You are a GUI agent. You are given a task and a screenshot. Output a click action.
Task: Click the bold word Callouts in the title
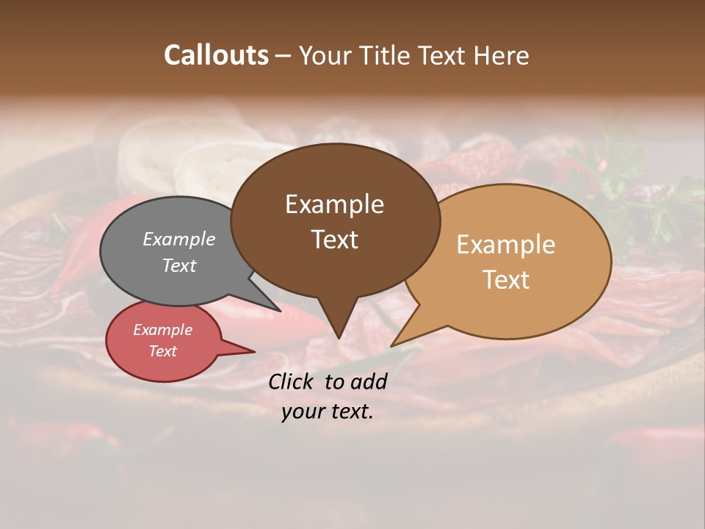pyautogui.click(x=216, y=55)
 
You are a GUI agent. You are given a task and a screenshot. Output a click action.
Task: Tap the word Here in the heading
pyautogui.click(x=500, y=55)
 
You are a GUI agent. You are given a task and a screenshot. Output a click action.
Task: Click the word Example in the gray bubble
pyautogui.click(x=178, y=239)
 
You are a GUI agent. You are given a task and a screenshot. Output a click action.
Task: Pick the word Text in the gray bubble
pyautogui.click(x=178, y=265)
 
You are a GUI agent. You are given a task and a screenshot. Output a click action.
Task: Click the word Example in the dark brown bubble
pyautogui.click(x=334, y=204)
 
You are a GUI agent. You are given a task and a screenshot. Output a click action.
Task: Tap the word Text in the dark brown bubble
pyautogui.click(x=334, y=239)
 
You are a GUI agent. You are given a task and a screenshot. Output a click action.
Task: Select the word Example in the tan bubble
pyautogui.click(x=506, y=245)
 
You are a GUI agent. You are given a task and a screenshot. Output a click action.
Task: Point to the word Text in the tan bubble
pyautogui.click(x=506, y=279)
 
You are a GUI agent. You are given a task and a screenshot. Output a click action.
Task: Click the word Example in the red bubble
pyautogui.click(x=162, y=330)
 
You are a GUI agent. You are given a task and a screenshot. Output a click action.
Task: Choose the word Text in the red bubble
pyautogui.click(x=162, y=351)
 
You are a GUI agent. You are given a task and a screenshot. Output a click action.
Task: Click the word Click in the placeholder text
pyautogui.click(x=292, y=381)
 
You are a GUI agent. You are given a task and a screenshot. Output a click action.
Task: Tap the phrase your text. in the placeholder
pyautogui.click(x=328, y=411)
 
